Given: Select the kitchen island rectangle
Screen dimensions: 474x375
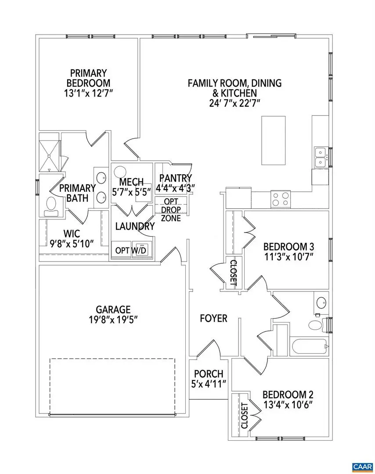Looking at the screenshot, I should click(274, 139).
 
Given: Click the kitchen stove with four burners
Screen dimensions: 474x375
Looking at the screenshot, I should click(281, 199).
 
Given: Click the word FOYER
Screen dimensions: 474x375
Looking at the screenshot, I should click(213, 318).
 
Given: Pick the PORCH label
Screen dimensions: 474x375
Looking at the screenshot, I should click(209, 374).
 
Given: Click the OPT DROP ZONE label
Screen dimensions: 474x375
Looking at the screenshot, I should click(170, 210).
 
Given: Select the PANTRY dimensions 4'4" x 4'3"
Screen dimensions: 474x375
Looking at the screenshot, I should click(176, 187).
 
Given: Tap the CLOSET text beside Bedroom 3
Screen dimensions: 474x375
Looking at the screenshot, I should click(233, 273).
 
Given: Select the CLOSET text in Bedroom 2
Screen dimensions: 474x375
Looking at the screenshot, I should click(245, 416).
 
